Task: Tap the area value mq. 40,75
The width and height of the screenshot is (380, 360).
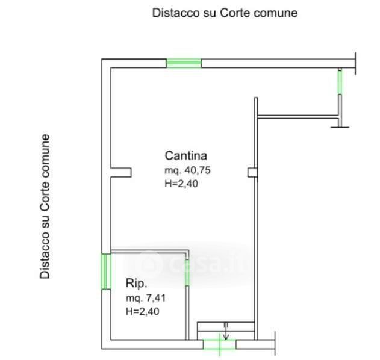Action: tap(187, 170)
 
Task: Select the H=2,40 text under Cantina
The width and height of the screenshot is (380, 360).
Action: tap(181, 184)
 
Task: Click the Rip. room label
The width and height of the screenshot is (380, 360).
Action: tap(137, 284)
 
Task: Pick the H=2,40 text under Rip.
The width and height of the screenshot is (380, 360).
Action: tap(142, 311)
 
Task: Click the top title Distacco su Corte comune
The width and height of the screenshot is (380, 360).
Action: tap(225, 13)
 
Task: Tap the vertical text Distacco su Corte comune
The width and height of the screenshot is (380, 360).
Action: tap(45, 206)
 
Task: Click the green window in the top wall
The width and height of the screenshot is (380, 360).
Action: tap(184, 63)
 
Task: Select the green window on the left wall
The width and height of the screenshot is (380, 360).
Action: tap(105, 271)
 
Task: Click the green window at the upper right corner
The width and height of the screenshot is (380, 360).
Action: tap(340, 82)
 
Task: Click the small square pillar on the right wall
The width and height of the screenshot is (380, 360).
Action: tap(252, 173)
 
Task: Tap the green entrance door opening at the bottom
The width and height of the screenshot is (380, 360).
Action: tap(220, 344)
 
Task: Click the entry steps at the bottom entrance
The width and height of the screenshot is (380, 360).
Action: tap(226, 329)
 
